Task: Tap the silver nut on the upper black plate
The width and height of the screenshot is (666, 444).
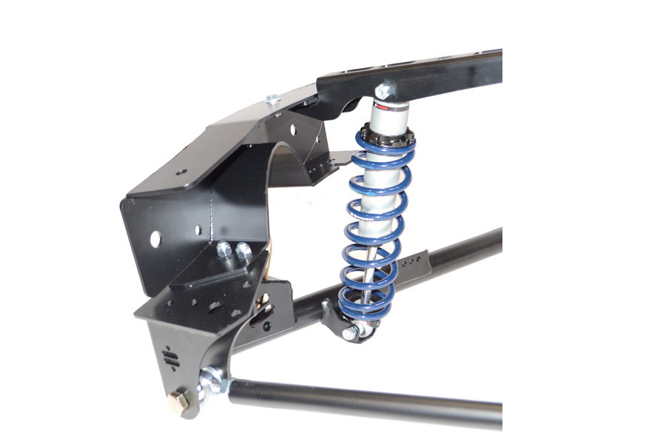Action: pyautogui.click(x=272, y=98)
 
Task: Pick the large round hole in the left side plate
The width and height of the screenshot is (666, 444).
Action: pyautogui.click(x=155, y=239)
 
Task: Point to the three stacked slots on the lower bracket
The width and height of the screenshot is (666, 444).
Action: pyautogui.click(x=170, y=358)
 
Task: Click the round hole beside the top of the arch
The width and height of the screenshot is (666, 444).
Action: pyautogui.click(x=295, y=129)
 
